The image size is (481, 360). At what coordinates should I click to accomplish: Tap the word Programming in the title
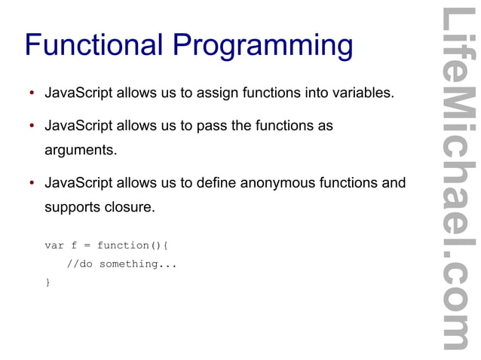263,47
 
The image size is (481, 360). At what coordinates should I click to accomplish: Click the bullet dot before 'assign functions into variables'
32,95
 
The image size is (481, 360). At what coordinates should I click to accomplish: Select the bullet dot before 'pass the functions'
32,127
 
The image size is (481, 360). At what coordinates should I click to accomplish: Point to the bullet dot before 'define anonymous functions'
32,184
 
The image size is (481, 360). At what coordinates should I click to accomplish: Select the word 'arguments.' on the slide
81,151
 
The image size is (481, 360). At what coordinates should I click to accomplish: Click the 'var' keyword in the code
54,246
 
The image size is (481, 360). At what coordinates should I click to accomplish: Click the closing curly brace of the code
47,282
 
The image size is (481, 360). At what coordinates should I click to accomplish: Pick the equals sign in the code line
87,246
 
